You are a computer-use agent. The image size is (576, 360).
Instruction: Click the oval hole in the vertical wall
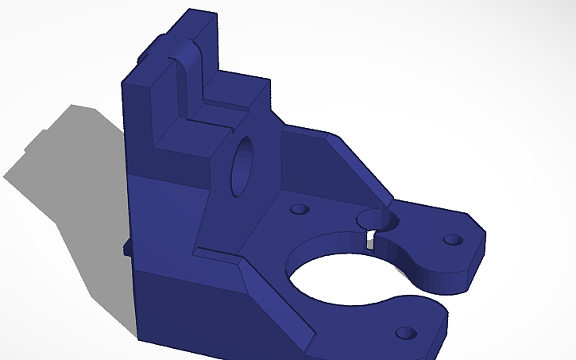click(242, 167)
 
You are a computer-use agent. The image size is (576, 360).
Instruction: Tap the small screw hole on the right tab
click(451, 238)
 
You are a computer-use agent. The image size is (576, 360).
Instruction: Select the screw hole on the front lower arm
click(407, 332)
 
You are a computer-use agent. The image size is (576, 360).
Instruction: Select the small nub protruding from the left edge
click(126, 248)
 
